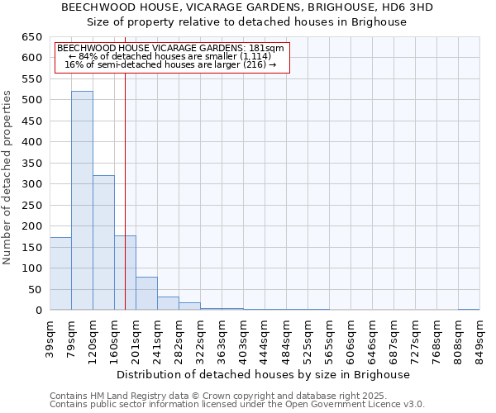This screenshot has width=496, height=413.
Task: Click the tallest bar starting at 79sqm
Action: coord(82,201)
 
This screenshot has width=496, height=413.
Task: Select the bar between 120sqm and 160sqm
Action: coord(103,243)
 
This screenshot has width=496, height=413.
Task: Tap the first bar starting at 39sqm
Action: coord(60,273)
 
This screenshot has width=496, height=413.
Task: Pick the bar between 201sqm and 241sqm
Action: coord(146,293)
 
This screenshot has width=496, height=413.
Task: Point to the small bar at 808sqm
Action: coord(469,309)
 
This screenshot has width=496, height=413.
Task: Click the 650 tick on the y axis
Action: coord(31,37)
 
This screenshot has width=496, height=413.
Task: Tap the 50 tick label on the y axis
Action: coord(35,290)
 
